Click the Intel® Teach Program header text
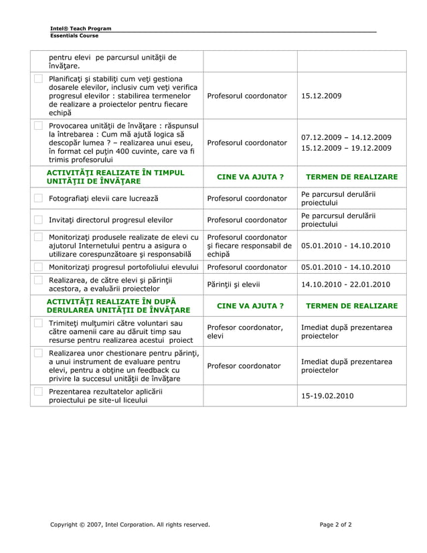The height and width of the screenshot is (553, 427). pyautogui.click(x=81, y=28)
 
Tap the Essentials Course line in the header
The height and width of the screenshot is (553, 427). pyautogui.click(x=74, y=35)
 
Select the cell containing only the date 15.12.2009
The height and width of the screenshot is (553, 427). pyautogui.click(x=321, y=96)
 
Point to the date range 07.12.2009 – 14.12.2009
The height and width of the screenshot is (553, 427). pyautogui.click(x=346, y=137)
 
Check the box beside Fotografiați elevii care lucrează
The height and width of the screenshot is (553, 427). pyautogui.click(x=38, y=198)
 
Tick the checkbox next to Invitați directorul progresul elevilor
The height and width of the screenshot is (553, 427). pyautogui.click(x=38, y=220)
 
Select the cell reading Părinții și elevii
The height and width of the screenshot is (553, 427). pyautogui.click(x=234, y=284)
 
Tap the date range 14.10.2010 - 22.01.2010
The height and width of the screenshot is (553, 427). pyautogui.click(x=345, y=284)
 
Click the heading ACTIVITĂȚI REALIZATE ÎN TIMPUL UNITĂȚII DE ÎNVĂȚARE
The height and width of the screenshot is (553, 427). pyautogui.click(x=114, y=177)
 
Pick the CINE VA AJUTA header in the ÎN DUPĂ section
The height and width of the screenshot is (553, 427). pyautogui.click(x=250, y=306)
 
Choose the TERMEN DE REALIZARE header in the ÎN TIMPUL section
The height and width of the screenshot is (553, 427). pyautogui.click(x=351, y=177)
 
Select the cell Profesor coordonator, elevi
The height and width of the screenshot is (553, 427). pyautogui.click(x=245, y=331)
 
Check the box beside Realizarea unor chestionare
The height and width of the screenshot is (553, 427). pyautogui.click(x=38, y=353)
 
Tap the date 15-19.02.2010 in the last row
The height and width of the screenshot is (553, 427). pyautogui.click(x=327, y=396)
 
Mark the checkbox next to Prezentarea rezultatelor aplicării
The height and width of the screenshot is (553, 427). pyautogui.click(x=38, y=392)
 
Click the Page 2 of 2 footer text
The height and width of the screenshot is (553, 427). pyautogui.click(x=335, y=524)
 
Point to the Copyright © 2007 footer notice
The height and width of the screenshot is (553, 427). pyautogui.click(x=130, y=524)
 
